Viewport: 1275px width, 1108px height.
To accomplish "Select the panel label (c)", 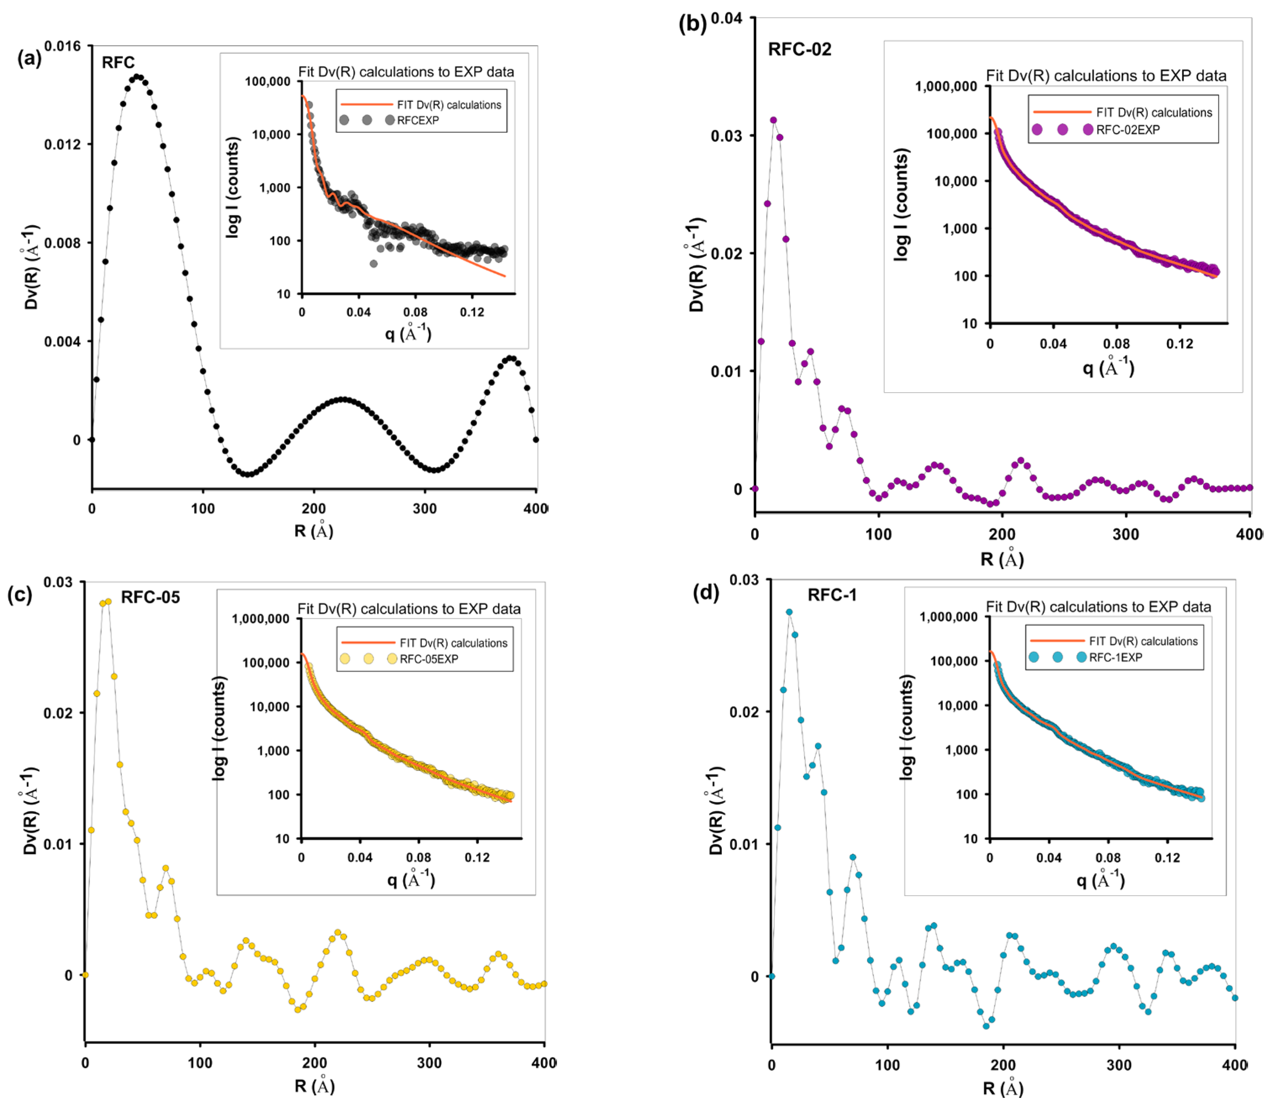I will [x=19, y=594].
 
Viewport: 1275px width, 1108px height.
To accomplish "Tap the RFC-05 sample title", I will [x=150, y=597].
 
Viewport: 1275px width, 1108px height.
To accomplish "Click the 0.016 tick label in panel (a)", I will [x=63, y=46].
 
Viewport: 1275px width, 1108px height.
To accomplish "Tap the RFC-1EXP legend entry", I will [x=1115, y=657].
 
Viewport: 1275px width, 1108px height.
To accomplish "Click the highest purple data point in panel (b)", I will [x=773, y=120].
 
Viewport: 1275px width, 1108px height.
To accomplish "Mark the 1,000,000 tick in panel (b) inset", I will [x=945, y=86].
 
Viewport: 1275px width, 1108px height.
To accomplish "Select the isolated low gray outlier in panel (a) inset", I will [x=373, y=264].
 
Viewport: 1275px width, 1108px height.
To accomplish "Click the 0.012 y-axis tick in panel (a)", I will [x=63, y=145].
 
